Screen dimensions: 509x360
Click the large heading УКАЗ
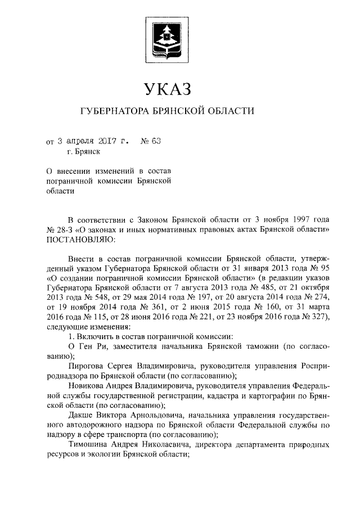168,89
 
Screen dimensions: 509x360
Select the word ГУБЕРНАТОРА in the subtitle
112,111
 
